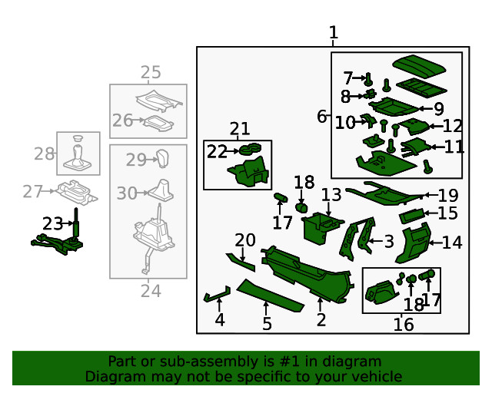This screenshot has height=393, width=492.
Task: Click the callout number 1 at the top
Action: click(x=333, y=33)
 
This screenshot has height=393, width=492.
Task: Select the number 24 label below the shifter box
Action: click(x=151, y=291)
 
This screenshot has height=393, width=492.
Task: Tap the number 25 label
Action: click(x=151, y=72)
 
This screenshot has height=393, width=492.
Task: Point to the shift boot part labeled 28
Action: click(x=78, y=153)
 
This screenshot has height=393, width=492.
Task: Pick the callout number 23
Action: click(x=52, y=224)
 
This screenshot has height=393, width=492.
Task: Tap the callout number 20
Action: click(x=244, y=240)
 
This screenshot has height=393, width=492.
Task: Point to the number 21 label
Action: click(x=239, y=129)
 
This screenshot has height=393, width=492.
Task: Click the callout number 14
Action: click(x=453, y=243)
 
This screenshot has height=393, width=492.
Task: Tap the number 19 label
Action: click(x=447, y=196)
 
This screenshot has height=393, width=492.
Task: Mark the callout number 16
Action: click(x=404, y=325)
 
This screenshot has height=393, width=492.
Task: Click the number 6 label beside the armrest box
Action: click(x=321, y=117)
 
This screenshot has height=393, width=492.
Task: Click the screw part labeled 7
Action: click(x=369, y=78)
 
